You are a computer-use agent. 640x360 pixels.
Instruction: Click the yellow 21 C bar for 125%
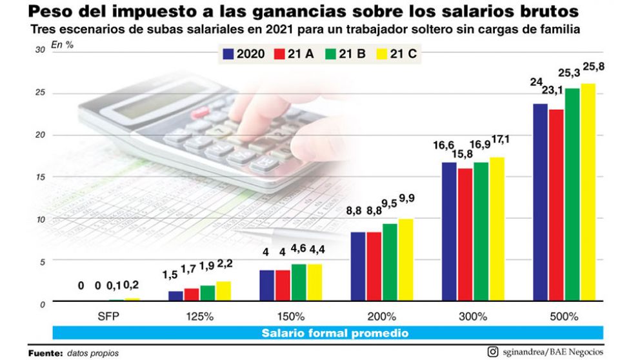click(223, 291)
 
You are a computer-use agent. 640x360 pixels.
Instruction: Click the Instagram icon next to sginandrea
click(493, 352)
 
